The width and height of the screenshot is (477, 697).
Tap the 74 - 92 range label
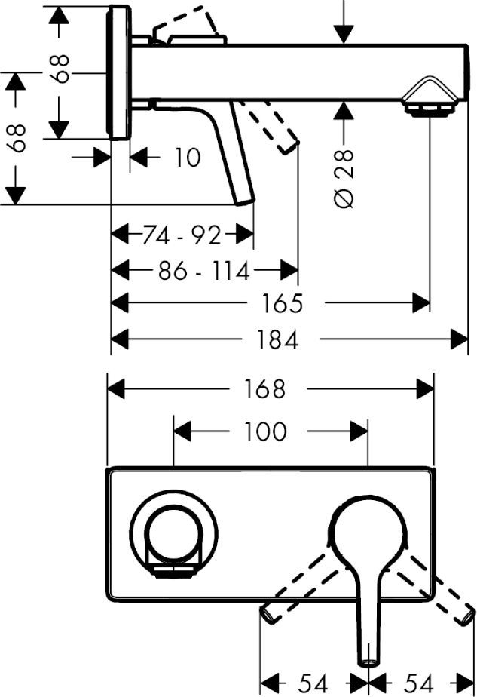[x=182, y=236]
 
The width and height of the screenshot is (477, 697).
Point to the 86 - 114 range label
[x=203, y=269]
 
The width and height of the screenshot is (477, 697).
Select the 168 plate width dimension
[x=265, y=388]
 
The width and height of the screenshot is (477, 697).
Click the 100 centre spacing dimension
[x=265, y=431]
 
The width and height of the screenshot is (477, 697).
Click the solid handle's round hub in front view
[x=367, y=533]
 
